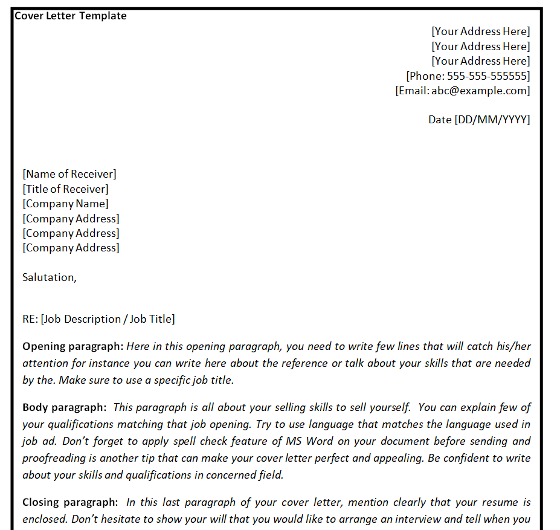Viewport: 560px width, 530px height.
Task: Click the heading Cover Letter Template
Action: (x=71, y=16)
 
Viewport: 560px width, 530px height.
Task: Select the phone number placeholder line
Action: (x=468, y=76)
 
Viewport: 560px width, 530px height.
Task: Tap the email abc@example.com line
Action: (x=463, y=91)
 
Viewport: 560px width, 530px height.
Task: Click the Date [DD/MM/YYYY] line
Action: (x=479, y=120)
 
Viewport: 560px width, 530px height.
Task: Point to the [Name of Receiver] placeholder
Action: (x=69, y=174)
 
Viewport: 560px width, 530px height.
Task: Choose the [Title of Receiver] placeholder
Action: (x=66, y=189)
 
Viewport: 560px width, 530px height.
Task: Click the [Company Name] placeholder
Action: (x=66, y=204)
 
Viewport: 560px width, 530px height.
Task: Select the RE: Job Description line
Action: (x=98, y=319)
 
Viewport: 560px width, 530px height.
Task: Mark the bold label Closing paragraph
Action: (x=70, y=502)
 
